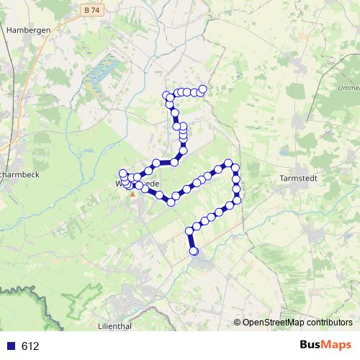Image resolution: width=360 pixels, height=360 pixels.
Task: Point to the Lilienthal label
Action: (114, 326)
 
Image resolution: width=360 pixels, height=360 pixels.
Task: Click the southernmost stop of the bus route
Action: (194, 251)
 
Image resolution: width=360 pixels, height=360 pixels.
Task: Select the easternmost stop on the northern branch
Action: (203, 89)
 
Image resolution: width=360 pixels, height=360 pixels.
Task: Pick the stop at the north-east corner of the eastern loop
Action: (229, 163)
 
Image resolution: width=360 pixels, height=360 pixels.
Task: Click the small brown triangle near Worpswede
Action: (132, 194)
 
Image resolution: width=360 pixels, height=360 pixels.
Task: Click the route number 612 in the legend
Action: (30, 346)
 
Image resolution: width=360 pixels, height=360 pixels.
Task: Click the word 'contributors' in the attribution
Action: (327, 322)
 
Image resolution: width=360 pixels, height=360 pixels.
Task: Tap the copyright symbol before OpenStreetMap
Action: (238, 322)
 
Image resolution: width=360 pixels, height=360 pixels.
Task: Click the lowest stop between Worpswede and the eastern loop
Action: (171, 202)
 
